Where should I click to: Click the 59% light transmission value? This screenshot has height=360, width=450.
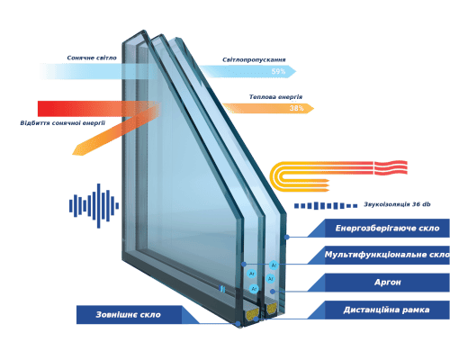coord(278,71)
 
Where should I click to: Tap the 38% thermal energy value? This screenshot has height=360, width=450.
coord(296,108)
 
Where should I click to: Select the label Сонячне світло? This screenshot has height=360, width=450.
coord(92,58)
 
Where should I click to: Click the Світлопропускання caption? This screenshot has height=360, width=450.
coord(254,59)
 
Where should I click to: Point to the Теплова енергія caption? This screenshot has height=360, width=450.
coord(275,97)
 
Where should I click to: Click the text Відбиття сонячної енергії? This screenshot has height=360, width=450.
coord(63,123)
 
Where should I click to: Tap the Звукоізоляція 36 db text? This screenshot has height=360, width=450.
coord(397,204)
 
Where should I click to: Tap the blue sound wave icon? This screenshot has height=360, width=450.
coord(94,206)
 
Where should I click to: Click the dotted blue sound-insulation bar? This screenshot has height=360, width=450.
coord(326,206)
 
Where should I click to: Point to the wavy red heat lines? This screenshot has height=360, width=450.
coord(391,167)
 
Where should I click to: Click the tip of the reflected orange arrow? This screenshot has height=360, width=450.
coord(73,154)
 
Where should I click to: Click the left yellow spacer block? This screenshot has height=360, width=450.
coord(252,312)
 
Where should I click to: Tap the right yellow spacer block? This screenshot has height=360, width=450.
coord(272,309)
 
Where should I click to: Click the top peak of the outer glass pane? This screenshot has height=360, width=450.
coord(143,31)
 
